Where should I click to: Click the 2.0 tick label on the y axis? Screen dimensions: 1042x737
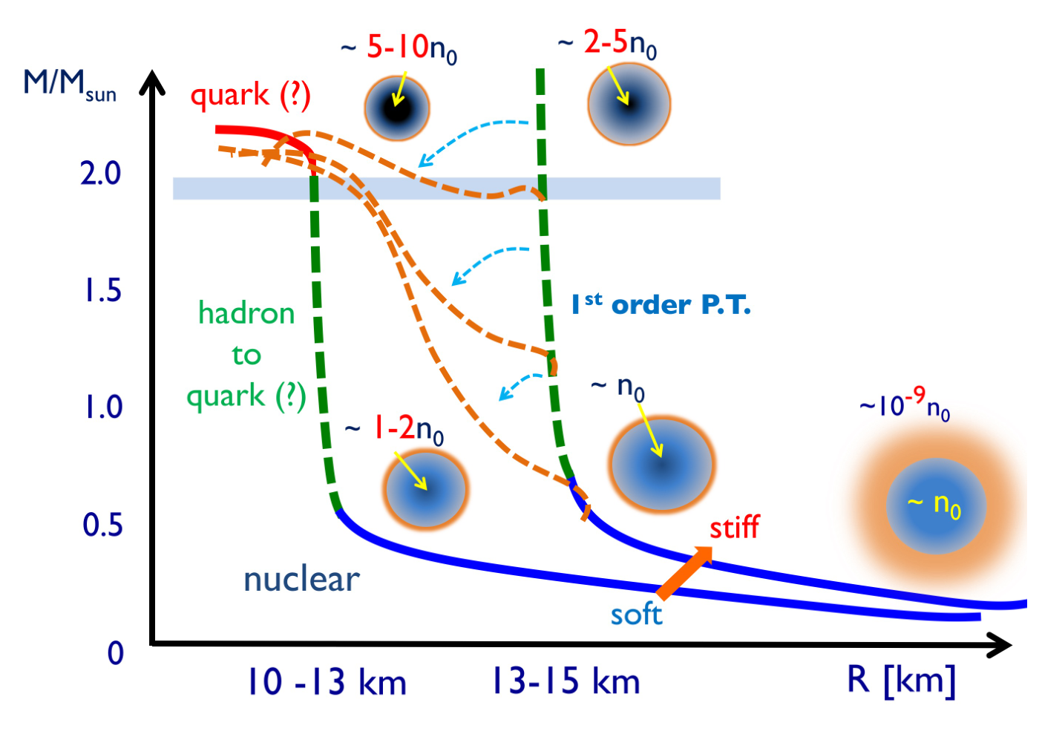click(100, 174)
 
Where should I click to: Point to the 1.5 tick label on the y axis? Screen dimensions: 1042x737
click(103, 290)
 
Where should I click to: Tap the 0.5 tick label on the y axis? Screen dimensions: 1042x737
click(102, 525)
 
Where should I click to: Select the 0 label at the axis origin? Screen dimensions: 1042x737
click(115, 653)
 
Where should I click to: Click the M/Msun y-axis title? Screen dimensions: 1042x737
click(70, 85)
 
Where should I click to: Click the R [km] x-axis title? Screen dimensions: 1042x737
click(901, 681)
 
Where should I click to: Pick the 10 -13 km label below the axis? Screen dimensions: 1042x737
click(327, 681)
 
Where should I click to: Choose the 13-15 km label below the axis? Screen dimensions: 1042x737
click(566, 681)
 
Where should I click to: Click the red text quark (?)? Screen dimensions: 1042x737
click(250, 96)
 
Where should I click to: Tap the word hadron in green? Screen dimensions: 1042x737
click(246, 312)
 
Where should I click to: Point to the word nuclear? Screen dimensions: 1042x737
click(302, 580)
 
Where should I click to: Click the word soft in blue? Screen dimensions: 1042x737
click(636, 614)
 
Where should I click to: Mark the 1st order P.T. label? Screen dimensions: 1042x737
click(661, 304)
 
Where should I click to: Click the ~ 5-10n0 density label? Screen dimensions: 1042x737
click(399, 49)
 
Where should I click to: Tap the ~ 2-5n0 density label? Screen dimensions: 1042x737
click(608, 45)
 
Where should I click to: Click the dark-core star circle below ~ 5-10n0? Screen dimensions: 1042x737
click(397, 108)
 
